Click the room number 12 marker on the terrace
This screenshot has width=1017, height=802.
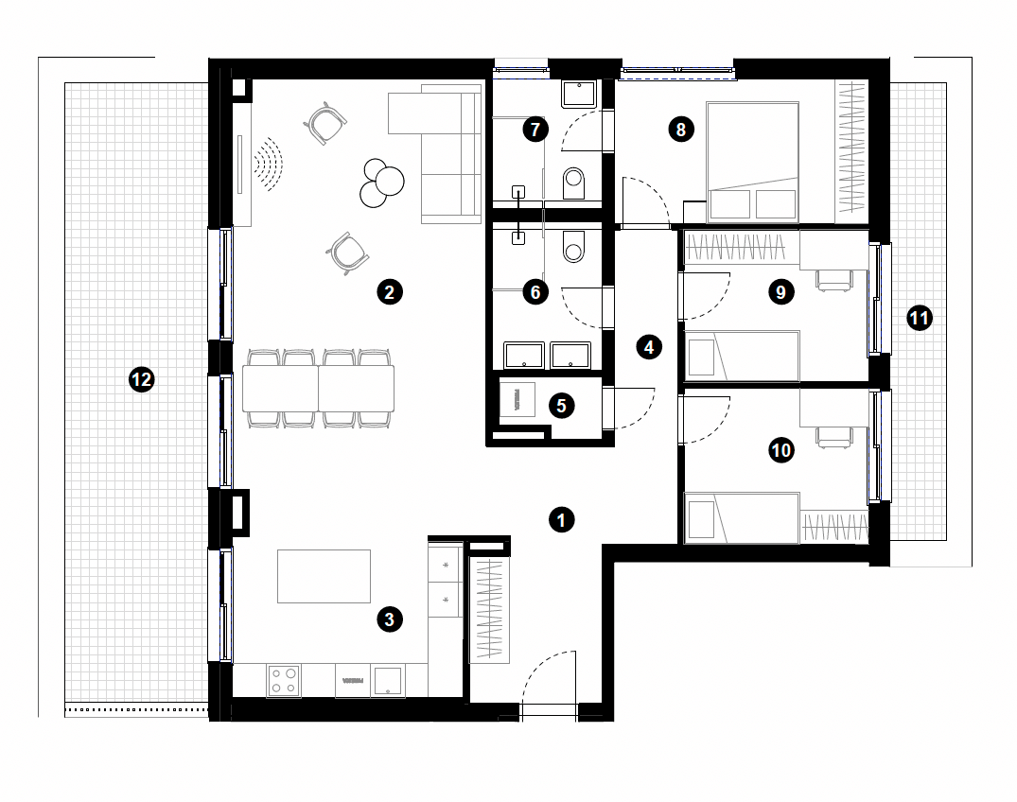click(x=141, y=379)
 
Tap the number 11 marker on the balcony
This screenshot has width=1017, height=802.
click(x=919, y=318)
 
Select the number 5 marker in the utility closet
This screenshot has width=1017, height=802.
click(x=562, y=406)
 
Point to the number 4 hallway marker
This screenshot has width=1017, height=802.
click(x=649, y=347)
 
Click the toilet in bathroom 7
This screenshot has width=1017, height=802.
click(x=574, y=183)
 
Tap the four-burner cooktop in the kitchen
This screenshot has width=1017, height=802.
click(x=284, y=680)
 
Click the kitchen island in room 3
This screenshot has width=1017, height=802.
click(x=324, y=576)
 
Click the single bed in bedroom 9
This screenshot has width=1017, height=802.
click(x=742, y=356)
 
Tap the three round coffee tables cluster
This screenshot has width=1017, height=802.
click(x=382, y=183)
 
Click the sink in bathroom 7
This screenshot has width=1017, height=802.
click(x=579, y=94)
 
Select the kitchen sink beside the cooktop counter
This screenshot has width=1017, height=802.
click(x=387, y=681)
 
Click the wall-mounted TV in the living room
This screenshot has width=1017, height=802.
click(x=239, y=164)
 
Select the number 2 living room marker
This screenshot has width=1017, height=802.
click(x=389, y=291)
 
